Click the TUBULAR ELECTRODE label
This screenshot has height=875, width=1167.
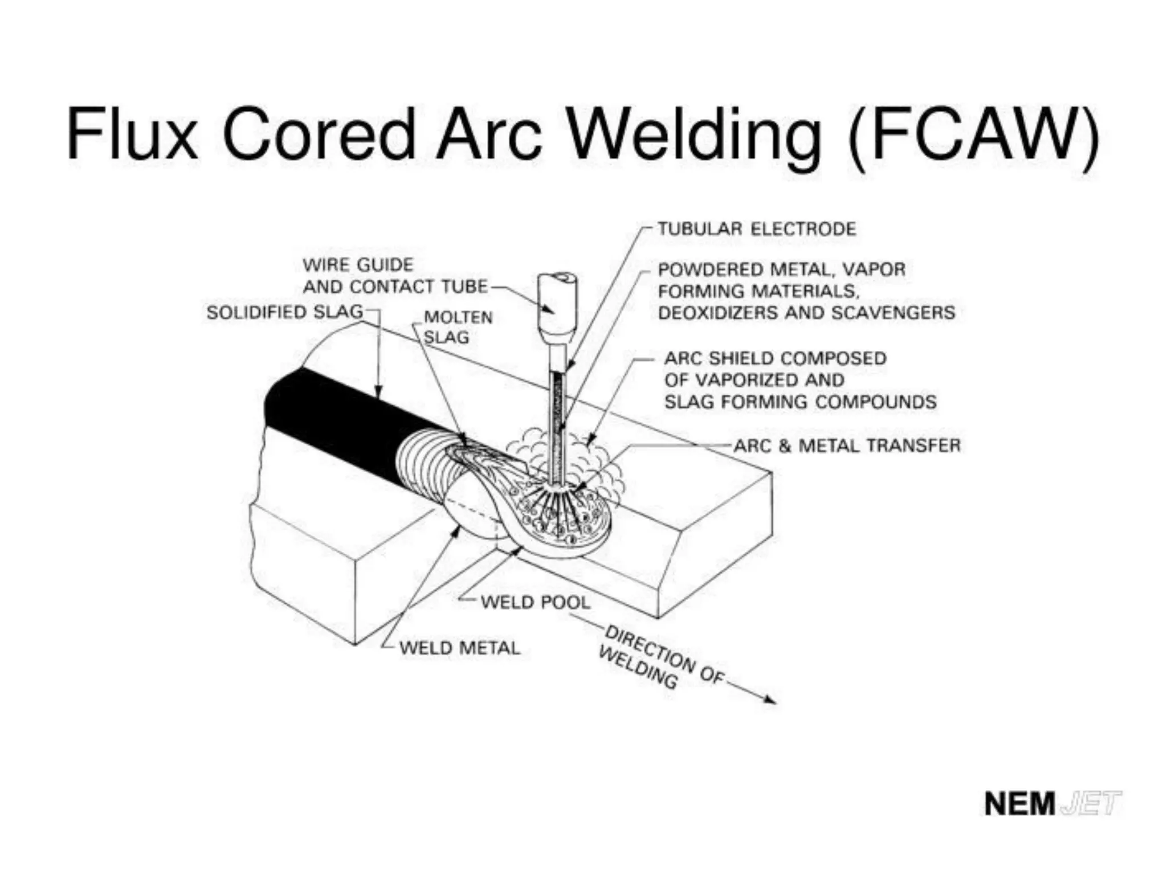point(756,229)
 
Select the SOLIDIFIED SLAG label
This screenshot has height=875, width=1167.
point(284,312)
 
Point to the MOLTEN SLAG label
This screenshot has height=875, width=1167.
point(457,327)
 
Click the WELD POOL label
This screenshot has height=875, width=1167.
point(534,602)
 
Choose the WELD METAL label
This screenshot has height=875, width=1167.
point(459,648)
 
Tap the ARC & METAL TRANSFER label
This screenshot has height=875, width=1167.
point(847,445)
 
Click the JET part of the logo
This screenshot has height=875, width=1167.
point(1091,804)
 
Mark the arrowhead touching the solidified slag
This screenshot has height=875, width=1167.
point(377,392)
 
